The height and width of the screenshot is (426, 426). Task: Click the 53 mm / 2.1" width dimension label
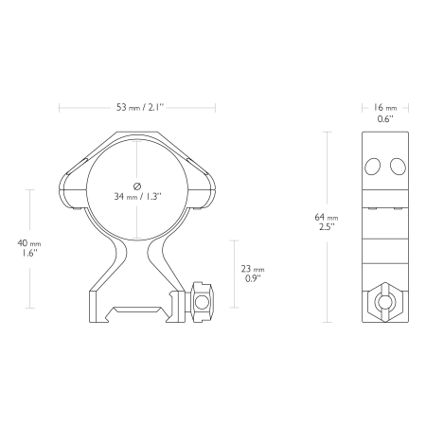pos(140,107)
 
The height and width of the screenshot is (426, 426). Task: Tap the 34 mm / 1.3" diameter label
pos(137,197)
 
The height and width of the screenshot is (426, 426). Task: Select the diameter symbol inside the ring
pos(137,186)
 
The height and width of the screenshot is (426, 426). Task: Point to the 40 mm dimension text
pos(29,243)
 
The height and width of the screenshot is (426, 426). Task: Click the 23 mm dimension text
pos(253,269)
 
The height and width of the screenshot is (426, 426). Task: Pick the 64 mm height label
pos(327,217)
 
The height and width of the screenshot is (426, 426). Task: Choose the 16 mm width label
pos(385,108)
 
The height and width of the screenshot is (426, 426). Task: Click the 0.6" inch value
pos(385,118)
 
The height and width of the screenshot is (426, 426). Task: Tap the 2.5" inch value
pos(327,227)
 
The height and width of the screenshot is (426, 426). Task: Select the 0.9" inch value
pos(253,278)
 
